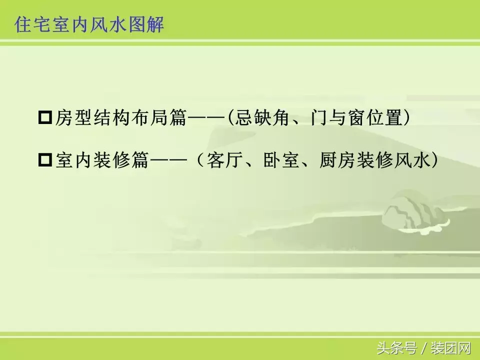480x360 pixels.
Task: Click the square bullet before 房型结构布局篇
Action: click(45, 119)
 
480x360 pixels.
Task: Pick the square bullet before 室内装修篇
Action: click(45, 161)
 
